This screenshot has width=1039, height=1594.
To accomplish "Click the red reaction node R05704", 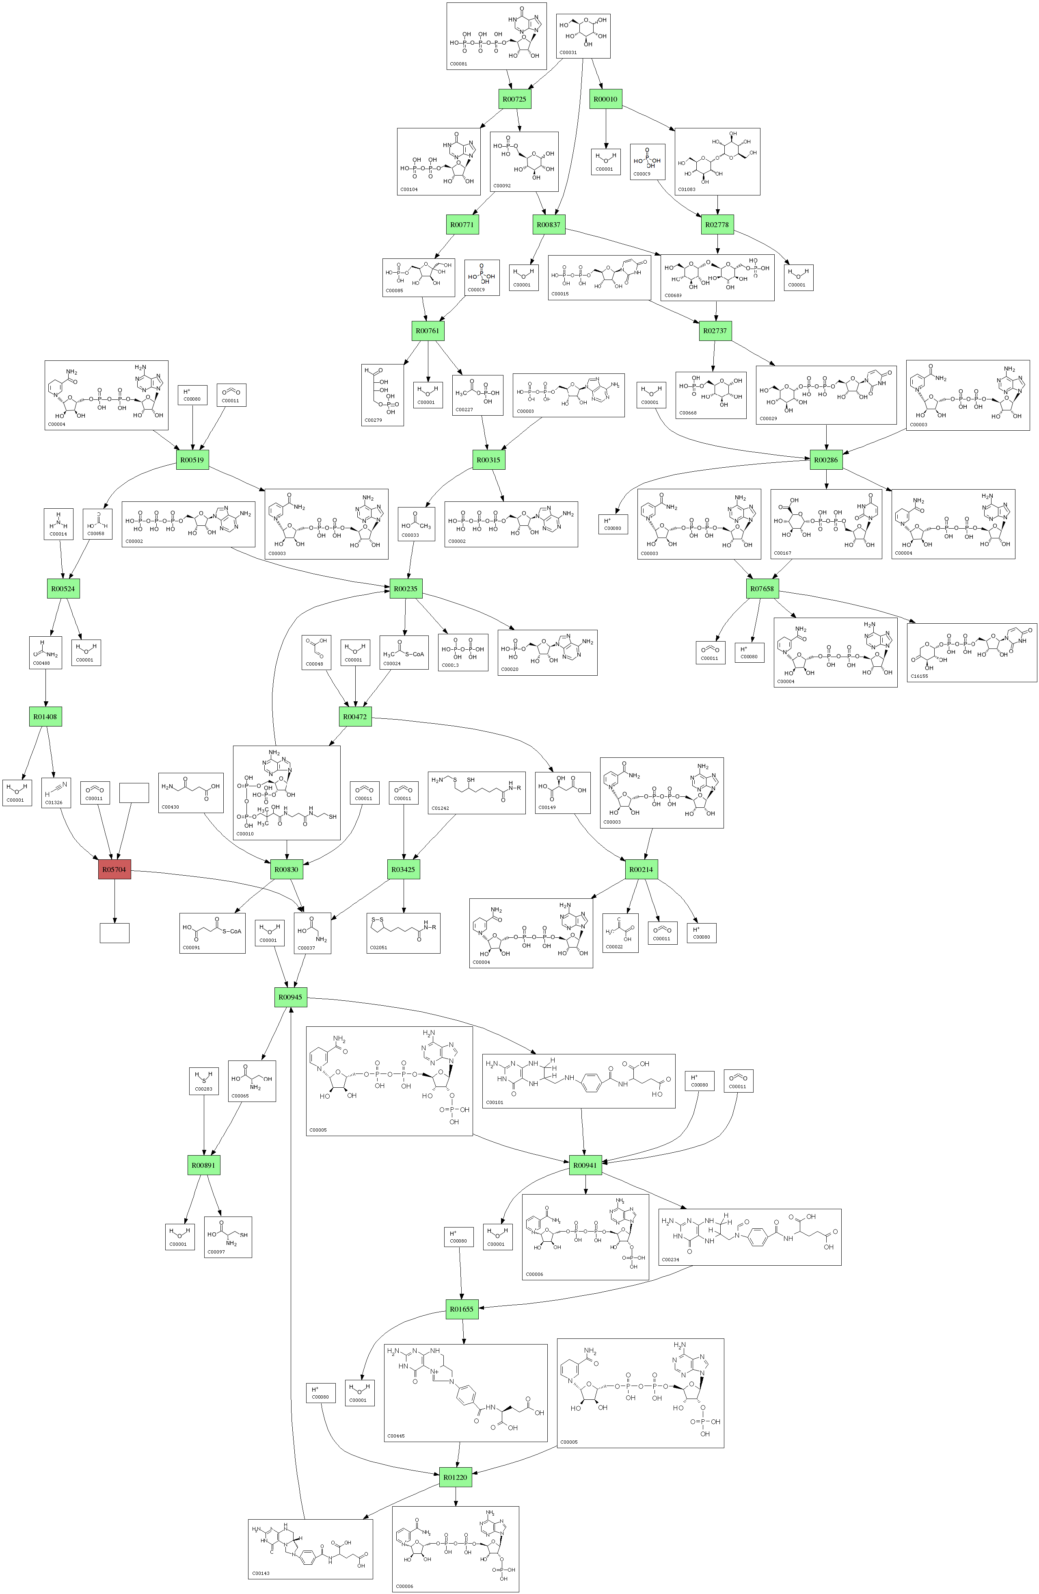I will pos(114,870).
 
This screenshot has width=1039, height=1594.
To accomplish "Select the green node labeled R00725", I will pos(514,99).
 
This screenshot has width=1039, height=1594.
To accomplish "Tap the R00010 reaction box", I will pos(605,99).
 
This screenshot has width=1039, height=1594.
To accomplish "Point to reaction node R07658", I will pos(762,589).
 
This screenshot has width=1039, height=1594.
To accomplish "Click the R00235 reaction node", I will pos(405,589).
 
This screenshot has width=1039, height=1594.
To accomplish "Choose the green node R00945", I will pos(290,997).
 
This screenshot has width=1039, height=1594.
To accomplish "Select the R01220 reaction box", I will pos(455,1477).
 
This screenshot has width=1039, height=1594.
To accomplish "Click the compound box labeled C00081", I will pos(497,36).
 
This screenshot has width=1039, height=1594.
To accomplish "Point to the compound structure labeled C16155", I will pos(971,652).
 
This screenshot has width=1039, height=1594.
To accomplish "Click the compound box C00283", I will pos(203,1081).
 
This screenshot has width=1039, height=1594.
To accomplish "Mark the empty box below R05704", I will pos(114,933).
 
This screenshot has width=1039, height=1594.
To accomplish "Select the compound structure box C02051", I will pos(404,933).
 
